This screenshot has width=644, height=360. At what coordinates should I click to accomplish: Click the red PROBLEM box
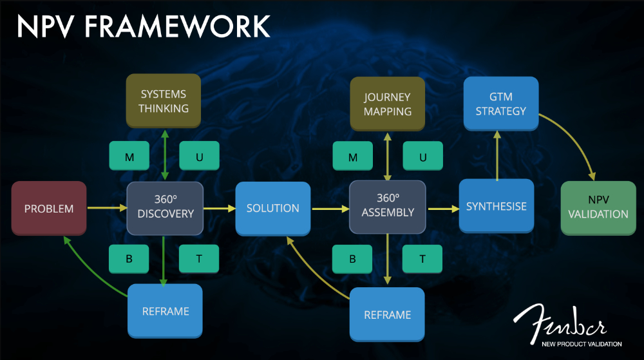coord(49,208)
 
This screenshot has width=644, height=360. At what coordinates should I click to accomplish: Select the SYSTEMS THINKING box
coord(164,102)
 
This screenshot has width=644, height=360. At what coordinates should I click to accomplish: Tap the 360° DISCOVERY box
coord(165,207)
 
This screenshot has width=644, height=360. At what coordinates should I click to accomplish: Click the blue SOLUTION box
coord(273,208)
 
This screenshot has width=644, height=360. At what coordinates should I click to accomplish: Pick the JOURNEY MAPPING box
coord(387,104)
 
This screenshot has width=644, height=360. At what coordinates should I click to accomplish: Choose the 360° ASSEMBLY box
coord(387,206)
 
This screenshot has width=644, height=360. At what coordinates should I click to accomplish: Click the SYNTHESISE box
coord(497,206)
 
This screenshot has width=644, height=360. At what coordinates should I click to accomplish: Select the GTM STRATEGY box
coord(501,104)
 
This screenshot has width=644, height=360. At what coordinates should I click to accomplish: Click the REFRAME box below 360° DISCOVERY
coord(165,311)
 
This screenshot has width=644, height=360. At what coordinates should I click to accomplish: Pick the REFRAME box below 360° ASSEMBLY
coord(387,314)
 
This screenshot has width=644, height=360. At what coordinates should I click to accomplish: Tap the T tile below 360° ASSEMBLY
coord(422,259)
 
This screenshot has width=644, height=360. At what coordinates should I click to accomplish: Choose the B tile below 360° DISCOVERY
coord(129,258)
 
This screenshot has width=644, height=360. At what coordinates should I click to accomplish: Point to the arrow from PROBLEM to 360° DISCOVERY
coord(107,208)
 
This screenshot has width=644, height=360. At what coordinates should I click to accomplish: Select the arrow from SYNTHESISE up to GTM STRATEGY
coord(497,155)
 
